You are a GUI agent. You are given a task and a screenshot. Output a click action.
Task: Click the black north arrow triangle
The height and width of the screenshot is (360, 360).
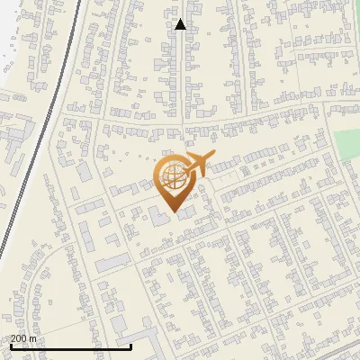tap(180, 24)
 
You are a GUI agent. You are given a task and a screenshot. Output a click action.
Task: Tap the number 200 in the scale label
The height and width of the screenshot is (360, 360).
tap(18, 338)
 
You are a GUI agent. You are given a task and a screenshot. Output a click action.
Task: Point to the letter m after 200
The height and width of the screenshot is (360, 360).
tap(33, 338)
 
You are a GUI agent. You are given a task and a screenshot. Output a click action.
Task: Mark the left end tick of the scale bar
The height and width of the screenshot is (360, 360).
tap(11, 345)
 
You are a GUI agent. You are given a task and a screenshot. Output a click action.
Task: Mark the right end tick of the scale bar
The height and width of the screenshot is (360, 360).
tap(130, 345)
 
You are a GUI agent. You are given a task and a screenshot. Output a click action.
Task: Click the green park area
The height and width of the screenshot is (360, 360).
tap(346, 144)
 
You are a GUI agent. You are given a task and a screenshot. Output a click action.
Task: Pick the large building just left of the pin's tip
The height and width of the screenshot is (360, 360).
tap(158, 217)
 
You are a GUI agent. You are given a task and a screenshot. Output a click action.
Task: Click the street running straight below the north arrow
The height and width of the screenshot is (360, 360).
tap(184, 81)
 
